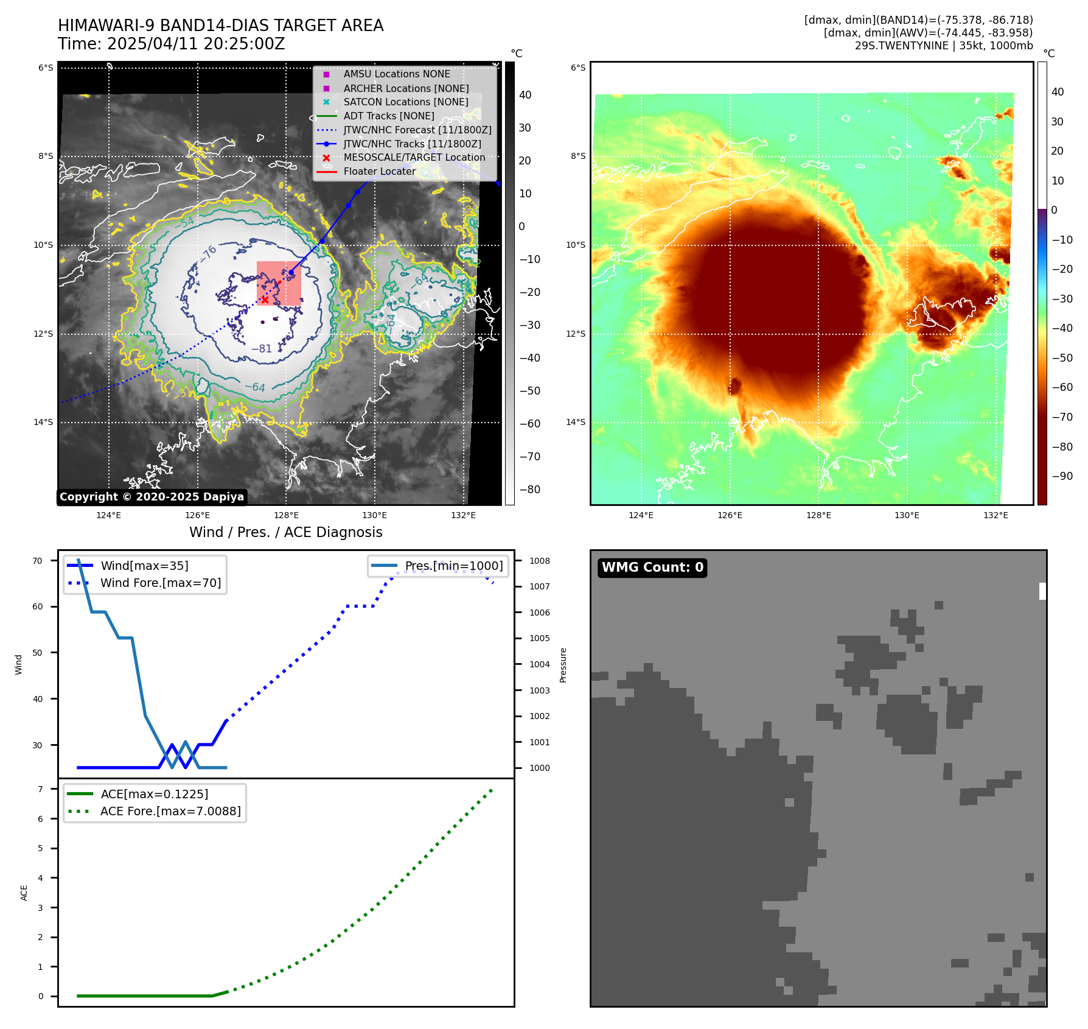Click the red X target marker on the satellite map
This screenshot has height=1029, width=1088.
point(265,300)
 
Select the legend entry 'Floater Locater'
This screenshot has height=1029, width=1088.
point(379,172)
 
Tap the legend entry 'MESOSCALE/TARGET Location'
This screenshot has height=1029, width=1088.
point(414,158)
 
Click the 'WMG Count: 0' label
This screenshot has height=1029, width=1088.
point(652,567)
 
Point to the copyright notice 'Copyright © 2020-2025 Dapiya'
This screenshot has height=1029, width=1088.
point(152,497)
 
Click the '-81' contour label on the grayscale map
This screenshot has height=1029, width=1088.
point(262,349)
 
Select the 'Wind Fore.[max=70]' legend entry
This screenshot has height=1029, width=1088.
point(160,583)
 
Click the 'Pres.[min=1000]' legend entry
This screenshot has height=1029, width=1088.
point(453,566)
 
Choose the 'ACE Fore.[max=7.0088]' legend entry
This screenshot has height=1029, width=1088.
point(170,812)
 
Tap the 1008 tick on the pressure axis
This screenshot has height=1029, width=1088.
point(539,561)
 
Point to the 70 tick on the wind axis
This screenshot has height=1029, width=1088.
point(38,561)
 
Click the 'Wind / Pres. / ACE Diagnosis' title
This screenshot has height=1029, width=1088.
point(286,533)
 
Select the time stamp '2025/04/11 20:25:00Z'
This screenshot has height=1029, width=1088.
point(195,44)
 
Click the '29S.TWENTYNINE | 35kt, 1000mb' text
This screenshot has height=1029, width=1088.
point(943,46)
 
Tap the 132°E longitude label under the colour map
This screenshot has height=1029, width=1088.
point(996,516)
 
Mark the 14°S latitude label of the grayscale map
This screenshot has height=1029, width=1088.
point(43,423)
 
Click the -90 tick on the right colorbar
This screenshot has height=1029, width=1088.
point(1062,476)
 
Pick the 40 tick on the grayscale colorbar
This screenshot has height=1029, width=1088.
point(525,95)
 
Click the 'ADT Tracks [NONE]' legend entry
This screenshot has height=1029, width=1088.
point(388,116)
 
